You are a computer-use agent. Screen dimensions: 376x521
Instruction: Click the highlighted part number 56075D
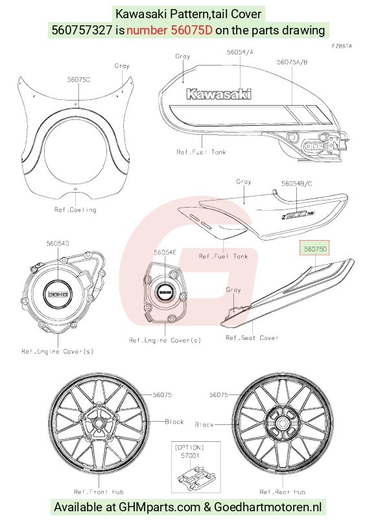coord(314,249)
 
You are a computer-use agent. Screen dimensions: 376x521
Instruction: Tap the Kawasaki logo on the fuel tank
coord(219,94)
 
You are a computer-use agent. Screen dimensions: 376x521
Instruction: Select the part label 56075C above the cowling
coord(78,80)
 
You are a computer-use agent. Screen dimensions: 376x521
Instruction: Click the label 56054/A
coord(240,52)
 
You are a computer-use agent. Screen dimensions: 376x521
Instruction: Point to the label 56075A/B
coord(292,62)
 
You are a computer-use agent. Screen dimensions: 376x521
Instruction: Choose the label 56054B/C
coord(296,184)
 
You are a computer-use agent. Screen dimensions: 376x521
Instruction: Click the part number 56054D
coord(58,243)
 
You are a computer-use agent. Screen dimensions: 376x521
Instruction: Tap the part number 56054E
coord(165,252)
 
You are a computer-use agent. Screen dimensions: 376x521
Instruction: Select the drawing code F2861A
coord(342,46)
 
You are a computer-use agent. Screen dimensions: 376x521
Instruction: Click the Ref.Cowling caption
coord(75,210)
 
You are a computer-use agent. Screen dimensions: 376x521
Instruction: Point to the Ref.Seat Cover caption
coord(252,337)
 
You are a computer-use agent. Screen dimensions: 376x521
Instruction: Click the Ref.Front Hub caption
coord(99,492)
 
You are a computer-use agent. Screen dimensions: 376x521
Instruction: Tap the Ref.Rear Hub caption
coord(283,492)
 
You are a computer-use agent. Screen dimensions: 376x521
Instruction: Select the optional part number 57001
coord(190,455)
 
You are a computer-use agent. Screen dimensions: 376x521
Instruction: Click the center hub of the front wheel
coord(99,424)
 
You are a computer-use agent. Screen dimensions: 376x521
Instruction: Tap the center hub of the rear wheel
coord(283,424)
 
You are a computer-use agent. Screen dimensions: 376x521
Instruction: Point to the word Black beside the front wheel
coord(174,422)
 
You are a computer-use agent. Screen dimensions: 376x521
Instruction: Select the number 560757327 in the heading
coord(82,30)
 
